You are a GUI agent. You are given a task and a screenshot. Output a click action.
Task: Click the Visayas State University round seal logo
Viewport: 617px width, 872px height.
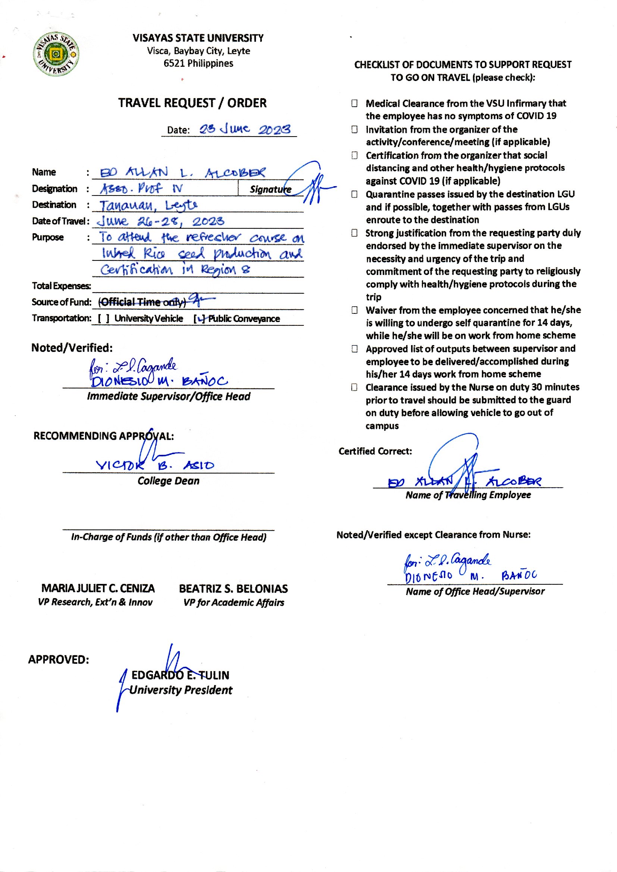tap(56, 54)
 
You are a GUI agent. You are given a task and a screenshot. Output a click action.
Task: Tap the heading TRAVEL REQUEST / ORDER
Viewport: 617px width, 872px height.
tap(192, 103)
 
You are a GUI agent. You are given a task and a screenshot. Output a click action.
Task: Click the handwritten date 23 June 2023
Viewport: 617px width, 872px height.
tap(245, 129)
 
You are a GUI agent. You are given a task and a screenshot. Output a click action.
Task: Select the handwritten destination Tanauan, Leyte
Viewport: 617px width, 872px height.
tap(148, 206)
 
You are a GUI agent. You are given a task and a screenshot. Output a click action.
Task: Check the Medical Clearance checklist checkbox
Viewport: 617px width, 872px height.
tap(354, 103)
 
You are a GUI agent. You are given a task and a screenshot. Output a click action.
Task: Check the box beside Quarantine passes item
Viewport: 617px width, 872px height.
tap(354, 194)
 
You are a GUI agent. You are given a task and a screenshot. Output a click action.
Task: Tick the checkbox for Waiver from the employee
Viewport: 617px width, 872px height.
tap(354, 310)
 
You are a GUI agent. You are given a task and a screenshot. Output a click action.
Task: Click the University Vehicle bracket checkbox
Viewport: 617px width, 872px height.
tap(103, 318)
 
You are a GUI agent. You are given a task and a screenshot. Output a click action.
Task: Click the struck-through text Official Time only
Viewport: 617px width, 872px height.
tap(142, 302)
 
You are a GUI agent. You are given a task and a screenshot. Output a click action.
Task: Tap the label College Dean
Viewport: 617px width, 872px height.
tap(168, 481)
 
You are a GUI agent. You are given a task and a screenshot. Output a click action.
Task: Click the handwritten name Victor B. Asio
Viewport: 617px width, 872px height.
tap(155, 465)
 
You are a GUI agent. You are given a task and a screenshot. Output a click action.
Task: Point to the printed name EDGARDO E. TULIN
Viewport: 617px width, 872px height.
tap(181, 675)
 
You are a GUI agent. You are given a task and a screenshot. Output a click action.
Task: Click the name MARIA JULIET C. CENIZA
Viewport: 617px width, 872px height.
tap(98, 588)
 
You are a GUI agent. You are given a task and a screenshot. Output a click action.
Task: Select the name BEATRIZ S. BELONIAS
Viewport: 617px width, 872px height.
tap(233, 588)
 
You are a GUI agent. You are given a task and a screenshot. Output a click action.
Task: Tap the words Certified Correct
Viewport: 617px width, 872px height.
tap(375, 451)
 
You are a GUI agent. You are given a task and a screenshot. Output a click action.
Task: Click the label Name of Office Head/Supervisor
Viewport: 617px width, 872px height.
tap(475, 591)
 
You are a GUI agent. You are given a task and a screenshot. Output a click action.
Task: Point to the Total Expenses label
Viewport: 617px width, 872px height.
tap(61, 286)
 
